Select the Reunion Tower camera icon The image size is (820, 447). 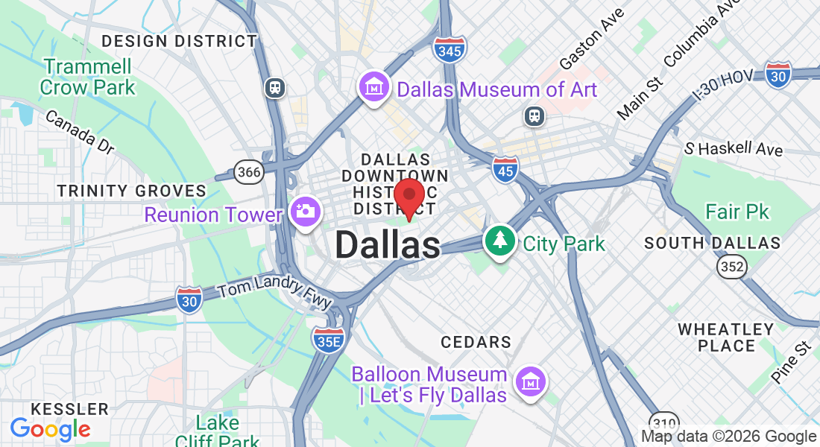point(304,212)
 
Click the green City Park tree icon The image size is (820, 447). point(500,241)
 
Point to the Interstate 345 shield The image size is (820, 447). point(450,49)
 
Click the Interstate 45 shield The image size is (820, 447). point(505,170)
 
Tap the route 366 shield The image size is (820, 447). point(248,173)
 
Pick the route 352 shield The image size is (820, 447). point(731,267)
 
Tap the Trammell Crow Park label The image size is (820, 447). point(87,77)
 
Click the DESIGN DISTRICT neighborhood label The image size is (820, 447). point(179,41)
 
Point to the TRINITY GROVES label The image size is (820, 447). point(132,191)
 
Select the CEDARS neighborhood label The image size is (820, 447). point(476,342)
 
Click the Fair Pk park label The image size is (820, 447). point(737,212)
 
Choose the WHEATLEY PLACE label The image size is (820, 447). point(726,337)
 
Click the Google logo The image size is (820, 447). point(50,429)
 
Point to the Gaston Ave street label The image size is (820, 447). point(591,46)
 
